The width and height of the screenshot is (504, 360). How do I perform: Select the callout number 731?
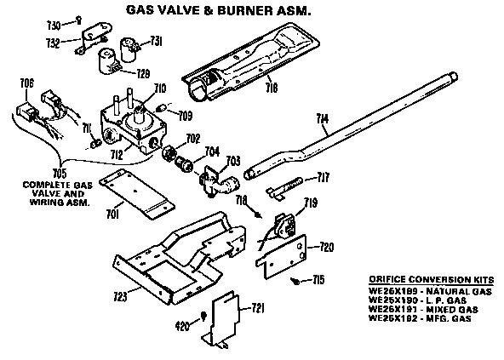tap(157, 40)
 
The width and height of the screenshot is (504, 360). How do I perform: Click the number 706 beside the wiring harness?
tap(27, 83)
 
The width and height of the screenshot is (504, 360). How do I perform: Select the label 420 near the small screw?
tap(182, 325)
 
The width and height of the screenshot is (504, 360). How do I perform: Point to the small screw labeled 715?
tap(295, 279)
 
